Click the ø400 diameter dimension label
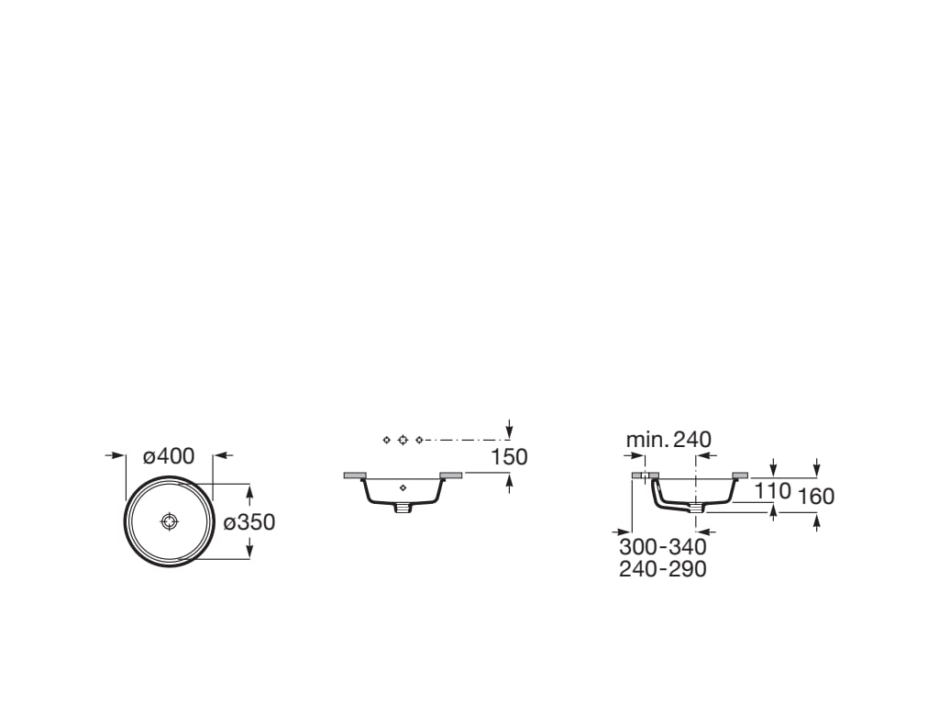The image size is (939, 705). click(x=169, y=455)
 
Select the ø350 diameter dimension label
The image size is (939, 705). click(x=249, y=522)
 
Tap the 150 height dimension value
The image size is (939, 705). click(x=509, y=456)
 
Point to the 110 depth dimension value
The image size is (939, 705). click(x=773, y=491)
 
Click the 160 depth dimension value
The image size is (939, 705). click(x=816, y=497)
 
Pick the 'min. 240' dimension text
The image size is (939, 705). click(x=668, y=440)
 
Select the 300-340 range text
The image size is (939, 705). click(x=663, y=547)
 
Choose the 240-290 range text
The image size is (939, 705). click(x=663, y=569)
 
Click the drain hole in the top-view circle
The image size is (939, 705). click(x=169, y=521)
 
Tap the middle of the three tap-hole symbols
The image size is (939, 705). click(x=403, y=441)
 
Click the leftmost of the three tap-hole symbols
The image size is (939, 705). click(x=386, y=441)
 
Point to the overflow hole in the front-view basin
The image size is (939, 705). click(x=403, y=488)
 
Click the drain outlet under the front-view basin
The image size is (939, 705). click(x=403, y=507)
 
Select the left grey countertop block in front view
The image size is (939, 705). click(x=354, y=476)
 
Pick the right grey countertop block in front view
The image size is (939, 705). click(x=451, y=476)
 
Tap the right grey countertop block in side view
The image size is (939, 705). click(x=740, y=476)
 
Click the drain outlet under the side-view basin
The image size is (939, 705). click(x=696, y=506)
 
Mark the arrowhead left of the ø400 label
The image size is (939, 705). click(x=118, y=455)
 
